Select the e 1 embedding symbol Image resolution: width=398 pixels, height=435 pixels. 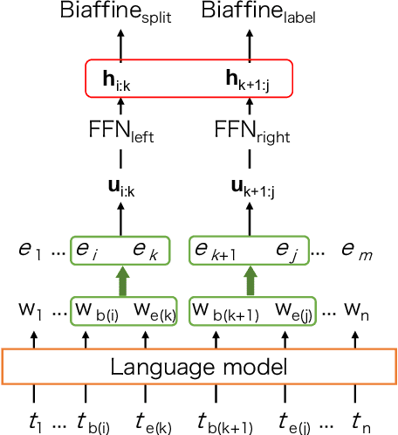click(31, 252)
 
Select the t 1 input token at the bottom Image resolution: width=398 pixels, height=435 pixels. click(35, 421)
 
